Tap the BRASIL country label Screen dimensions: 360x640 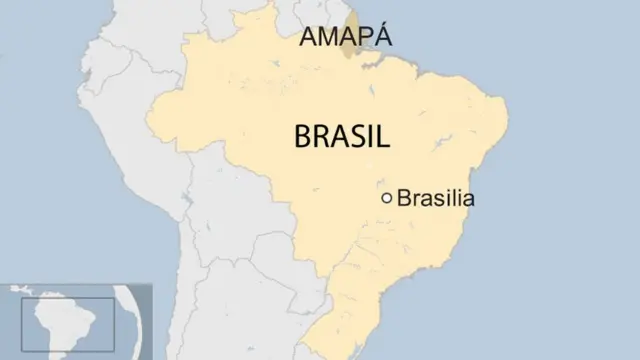pos(342,137)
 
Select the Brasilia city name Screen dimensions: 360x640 pos(435,198)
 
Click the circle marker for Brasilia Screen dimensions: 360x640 pos(387,198)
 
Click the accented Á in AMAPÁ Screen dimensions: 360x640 pos(383,37)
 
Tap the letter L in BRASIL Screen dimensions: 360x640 pos(381,137)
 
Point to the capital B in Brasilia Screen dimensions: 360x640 pos(404,198)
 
